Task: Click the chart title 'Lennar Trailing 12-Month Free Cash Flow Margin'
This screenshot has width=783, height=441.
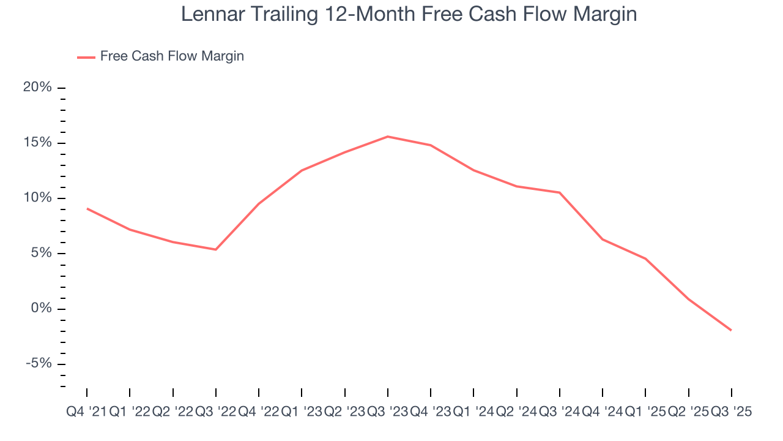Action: (x=409, y=15)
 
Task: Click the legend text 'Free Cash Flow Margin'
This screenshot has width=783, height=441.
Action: (x=172, y=56)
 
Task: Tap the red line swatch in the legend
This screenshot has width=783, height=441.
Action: (x=86, y=57)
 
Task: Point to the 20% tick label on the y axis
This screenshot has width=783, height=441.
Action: (x=37, y=88)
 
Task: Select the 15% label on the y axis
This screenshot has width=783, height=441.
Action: (x=37, y=143)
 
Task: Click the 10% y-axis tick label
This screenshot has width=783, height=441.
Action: (x=37, y=198)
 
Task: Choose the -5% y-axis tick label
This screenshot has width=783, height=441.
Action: (x=38, y=363)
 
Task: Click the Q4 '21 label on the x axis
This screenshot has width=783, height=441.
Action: (x=86, y=412)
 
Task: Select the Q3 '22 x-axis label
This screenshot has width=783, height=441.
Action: (x=215, y=412)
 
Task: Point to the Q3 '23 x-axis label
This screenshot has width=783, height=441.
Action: (x=388, y=412)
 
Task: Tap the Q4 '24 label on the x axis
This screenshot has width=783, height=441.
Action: (x=603, y=412)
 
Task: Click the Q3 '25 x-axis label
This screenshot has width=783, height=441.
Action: (x=731, y=412)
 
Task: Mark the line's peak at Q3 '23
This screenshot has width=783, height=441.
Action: (x=388, y=137)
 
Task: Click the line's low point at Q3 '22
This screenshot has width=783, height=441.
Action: (x=216, y=249)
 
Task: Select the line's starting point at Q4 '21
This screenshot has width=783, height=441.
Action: (x=87, y=208)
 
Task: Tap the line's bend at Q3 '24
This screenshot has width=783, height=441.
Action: (x=560, y=192)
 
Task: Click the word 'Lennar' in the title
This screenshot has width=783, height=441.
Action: (x=210, y=15)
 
